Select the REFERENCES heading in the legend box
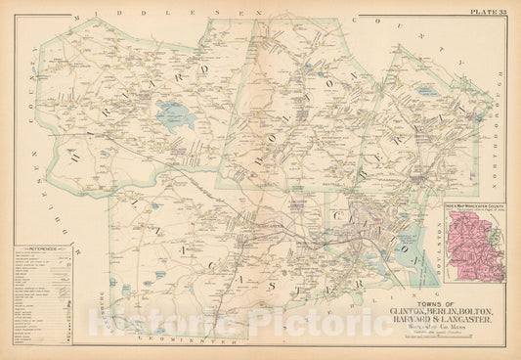[39, 251]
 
